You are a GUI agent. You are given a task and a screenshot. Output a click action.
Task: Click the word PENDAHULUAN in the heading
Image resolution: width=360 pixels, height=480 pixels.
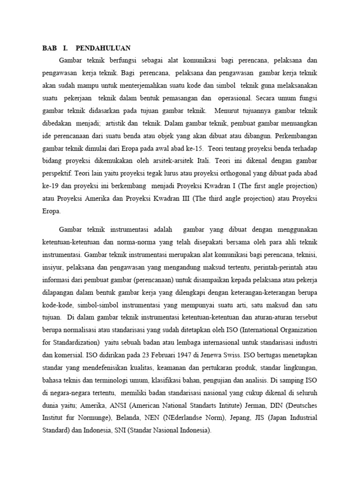(103, 48)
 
